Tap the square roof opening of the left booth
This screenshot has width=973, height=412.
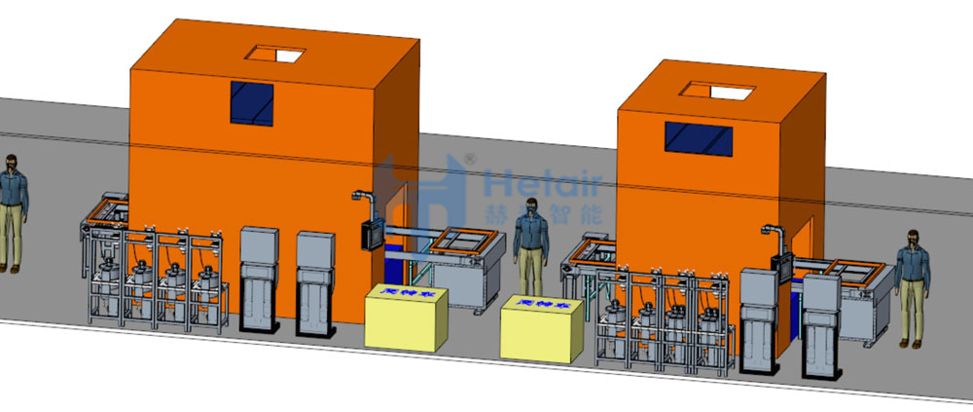(274, 54)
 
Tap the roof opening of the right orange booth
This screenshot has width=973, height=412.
(720, 91)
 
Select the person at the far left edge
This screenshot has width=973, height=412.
(10, 209)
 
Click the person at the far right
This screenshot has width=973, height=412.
(912, 287)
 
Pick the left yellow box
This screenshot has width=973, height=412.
(406, 316)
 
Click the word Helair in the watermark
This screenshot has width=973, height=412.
(546, 182)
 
